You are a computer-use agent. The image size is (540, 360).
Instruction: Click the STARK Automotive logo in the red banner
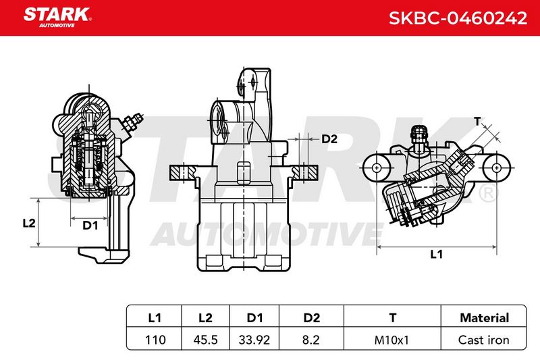(57, 18)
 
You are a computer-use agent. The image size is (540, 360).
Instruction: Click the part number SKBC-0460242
(458, 18)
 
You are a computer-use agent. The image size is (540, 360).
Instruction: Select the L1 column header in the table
(155, 317)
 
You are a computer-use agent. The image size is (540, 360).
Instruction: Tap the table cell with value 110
(155, 340)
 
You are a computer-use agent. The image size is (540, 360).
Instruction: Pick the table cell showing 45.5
(206, 340)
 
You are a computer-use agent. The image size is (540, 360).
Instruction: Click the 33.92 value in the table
(254, 340)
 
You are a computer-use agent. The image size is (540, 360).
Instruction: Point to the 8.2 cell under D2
(311, 340)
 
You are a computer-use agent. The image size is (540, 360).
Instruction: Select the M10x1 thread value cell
(391, 340)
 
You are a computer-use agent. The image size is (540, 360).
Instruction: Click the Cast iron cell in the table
(483, 340)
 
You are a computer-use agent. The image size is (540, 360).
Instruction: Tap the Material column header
(484, 317)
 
